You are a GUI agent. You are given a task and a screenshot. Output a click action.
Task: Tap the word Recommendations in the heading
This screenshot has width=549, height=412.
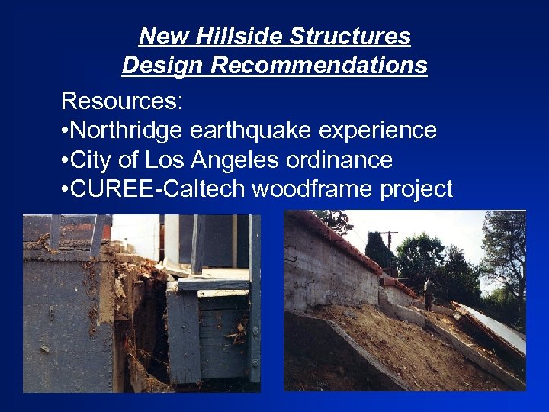[x=319, y=66]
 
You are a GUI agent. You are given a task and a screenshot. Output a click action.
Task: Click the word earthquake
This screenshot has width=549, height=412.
[x=252, y=130]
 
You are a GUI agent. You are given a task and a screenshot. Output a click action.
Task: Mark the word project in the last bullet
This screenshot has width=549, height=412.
[x=416, y=188]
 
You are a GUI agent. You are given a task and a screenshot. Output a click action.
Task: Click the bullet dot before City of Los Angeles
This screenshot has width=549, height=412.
[x=64, y=160]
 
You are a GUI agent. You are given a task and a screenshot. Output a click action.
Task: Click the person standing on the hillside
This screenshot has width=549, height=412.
[x=430, y=293]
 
